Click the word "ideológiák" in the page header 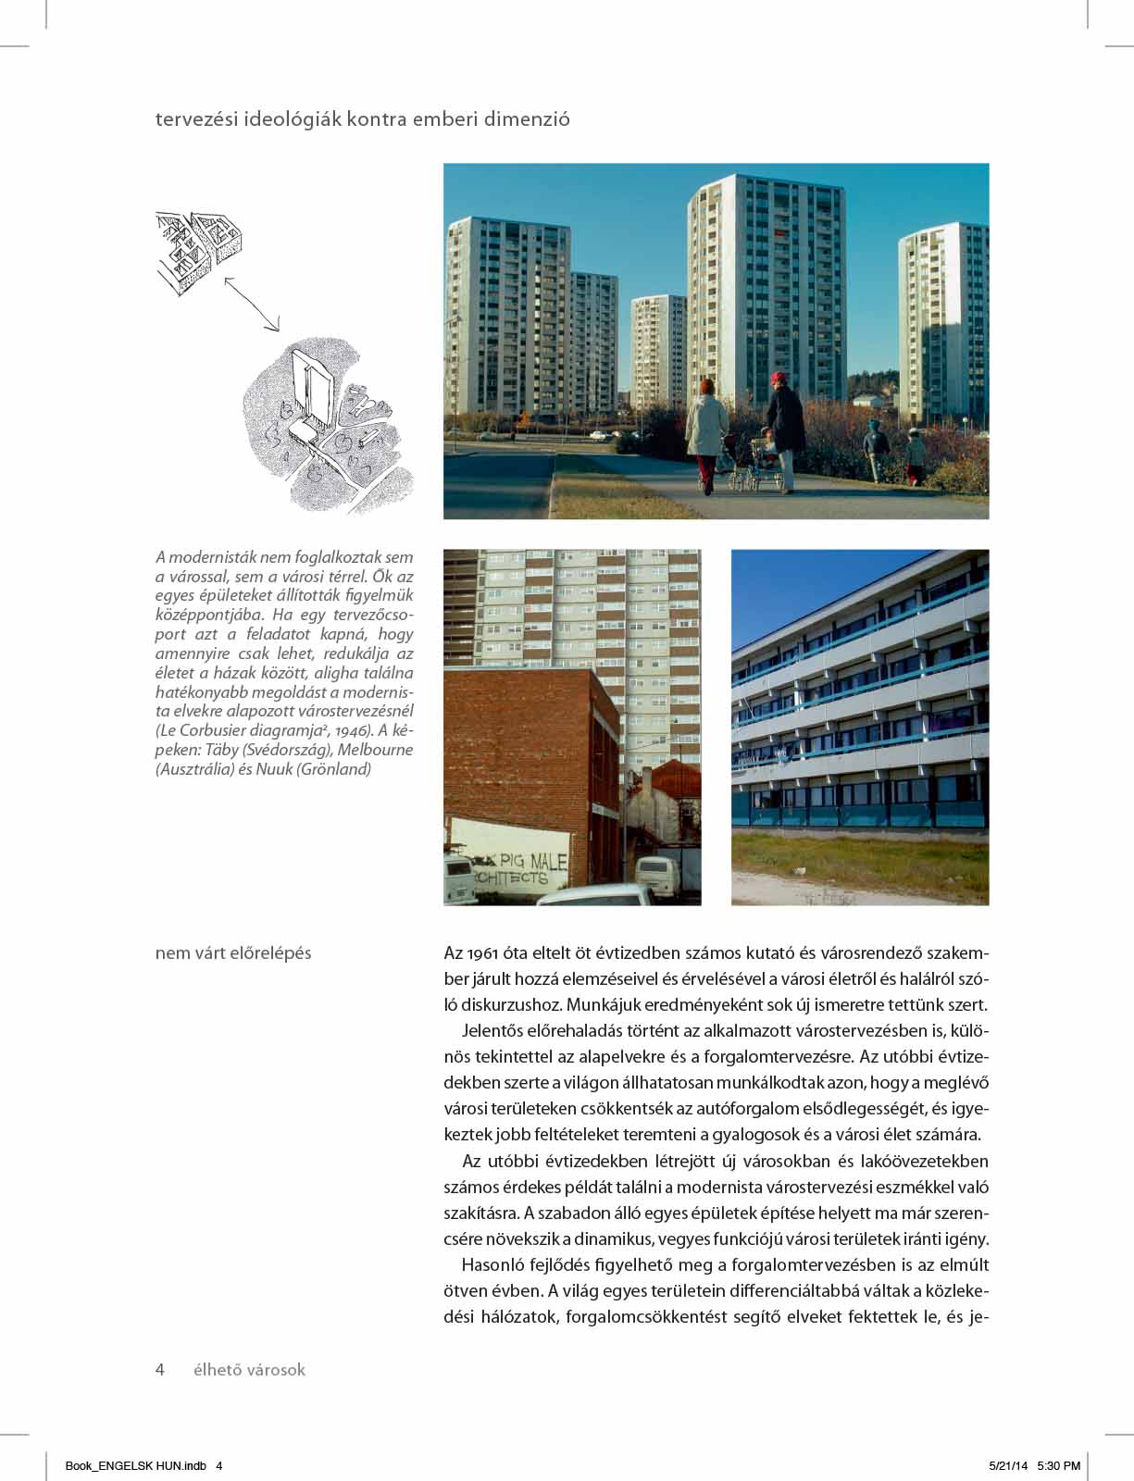pyautogui.click(x=290, y=119)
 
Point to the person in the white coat pyautogui.click(x=706, y=429)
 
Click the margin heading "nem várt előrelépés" pyautogui.click(x=233, y=952)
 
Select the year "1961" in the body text pyautogui.click(x=486, y=952)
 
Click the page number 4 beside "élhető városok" pyautogui.click(x=160, y=1369)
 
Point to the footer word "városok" pyautogui.click(x=273, y=1369)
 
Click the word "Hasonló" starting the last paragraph pyautogui.click(x=492, y=1264)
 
